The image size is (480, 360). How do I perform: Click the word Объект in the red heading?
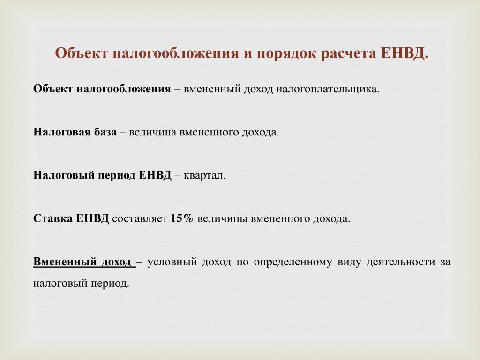pyautogui.click(x=82, y=53)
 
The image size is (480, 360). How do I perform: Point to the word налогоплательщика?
pyautogui.click(x=328, y=89)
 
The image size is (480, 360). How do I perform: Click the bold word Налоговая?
pyautogui.click(x=61, y=132)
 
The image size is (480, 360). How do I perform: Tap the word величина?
pyautogui.click(x=153, y=132)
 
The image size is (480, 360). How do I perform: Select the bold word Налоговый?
pyautogui.click(x=64, y=175)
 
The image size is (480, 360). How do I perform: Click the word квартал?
pyautogui.click(x=204, y=176)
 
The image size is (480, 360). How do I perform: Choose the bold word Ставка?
pyautogui.click(x=52, y=218)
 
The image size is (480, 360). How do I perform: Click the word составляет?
pyautogui.click(x=140, y=219)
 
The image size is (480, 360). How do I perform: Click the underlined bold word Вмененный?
pyautogui.click(x=62, y=262)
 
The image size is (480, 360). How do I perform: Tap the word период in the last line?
pyautogui.click(x=110, y=284)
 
